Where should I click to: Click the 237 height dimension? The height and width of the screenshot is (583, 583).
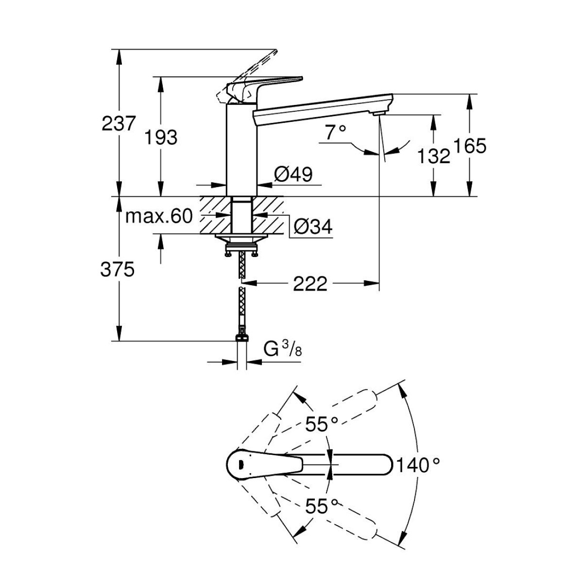coord(118,123)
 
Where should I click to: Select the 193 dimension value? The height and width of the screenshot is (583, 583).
coord(161,137)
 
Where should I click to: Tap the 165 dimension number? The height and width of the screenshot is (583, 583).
coord(470,146)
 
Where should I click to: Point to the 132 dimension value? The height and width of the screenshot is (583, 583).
coord(433,156)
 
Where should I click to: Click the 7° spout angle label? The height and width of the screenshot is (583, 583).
coord(335,133)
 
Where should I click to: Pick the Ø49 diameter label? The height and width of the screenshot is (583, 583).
coord(293,174)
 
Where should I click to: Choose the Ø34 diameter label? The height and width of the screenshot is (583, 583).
coord(313,226)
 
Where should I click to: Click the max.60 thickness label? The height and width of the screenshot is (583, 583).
coord(159,216)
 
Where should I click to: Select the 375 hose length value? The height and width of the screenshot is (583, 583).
coord(118,269)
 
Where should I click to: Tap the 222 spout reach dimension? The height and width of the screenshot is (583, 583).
coord(310,283)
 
